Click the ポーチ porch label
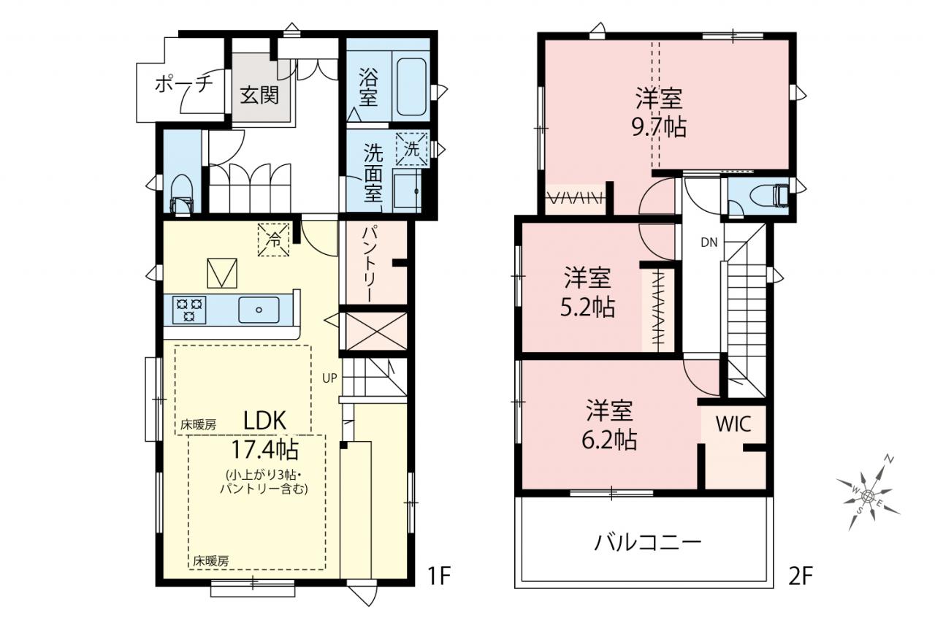tap(183, 85)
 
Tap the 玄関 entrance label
tap(259, 96)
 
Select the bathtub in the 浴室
tap(411, 87)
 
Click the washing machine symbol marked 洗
tap(412, 149)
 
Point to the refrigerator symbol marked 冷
tap(274, 240)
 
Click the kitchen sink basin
tap(259, 310)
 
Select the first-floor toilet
tap(182, 194)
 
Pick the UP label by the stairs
tap(329, 378)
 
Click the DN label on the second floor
tap(709, 242)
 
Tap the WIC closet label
tap(733, 424)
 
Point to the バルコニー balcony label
tap(647, 543)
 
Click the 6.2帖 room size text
tap(609, 439)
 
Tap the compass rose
tap(868, 495)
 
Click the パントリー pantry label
tap(370, 264)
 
